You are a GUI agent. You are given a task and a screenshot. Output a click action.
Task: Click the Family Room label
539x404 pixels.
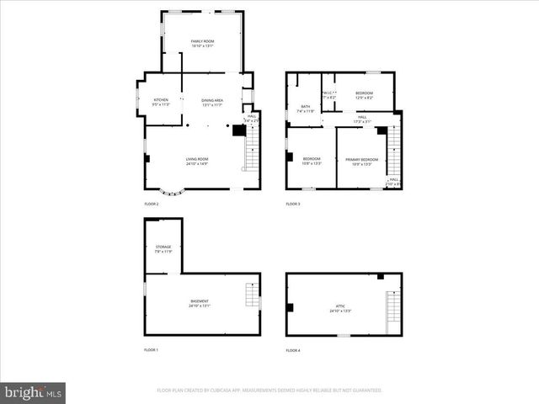[x=202, y=44]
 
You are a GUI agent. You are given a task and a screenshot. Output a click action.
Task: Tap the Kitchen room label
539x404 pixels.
[x=161, y=103]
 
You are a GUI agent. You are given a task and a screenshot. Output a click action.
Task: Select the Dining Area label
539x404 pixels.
[x=211, y=103]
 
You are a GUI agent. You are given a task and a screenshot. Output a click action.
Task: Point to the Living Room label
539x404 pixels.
[x=197, y=161]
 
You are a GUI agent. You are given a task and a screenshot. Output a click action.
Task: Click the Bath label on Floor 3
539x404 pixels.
[x=306, y=109]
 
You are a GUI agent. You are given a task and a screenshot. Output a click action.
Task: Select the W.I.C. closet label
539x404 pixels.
[x=329, y=95]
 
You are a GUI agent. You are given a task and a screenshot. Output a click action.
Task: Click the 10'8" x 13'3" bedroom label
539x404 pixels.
[x=312, y=161]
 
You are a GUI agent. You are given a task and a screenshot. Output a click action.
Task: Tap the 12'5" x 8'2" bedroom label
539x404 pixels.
[x=364, y=95]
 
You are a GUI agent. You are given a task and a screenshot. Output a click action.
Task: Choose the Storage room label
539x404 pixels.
[x=163, y=249]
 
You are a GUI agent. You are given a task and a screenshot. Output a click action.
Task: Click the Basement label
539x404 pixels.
[x=200, y=303]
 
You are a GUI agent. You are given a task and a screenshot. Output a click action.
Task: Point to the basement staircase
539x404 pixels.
[x=250, y=296]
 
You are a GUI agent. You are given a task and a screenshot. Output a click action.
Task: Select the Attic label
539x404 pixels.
[x=339, y=309]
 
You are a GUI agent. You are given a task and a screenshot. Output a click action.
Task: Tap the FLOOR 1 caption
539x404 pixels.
[x=151, y=349]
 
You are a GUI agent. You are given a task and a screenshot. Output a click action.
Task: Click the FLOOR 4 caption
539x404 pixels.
[x=293, y=349]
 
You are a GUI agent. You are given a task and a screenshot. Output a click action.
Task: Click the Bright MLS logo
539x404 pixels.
[x=34, y=392]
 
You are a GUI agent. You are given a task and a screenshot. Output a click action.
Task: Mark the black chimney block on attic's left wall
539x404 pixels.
[x=290, y=307]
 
